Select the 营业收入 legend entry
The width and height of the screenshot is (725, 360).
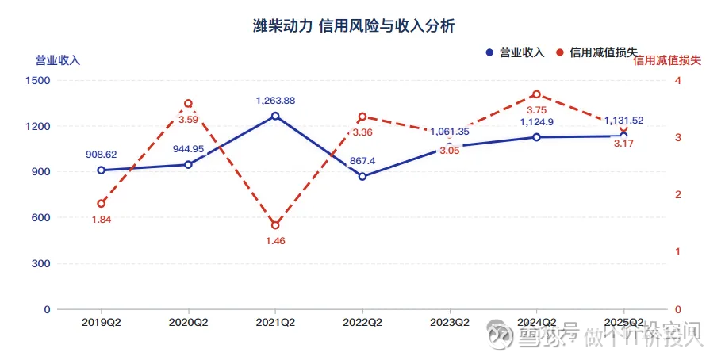(515, 52)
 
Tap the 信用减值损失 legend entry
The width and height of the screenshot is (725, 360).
(596, 52)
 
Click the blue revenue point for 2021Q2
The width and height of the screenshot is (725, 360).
(275, 116)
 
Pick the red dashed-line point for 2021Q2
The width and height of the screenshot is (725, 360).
(275, 225)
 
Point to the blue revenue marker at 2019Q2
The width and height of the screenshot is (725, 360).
(101, 170)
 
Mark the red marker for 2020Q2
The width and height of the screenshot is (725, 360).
(188, 103)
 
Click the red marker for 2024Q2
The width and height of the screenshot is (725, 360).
(537, 94)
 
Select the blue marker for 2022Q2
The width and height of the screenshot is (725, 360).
(362, 176)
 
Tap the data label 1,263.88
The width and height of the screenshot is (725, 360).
(275, 100)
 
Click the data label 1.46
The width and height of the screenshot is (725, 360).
(275, 241)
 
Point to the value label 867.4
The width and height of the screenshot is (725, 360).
(362, 160)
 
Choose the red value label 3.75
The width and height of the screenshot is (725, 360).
(537, 109)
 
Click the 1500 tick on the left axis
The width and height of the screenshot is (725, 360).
(37, 80)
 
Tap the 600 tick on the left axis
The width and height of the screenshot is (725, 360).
(40, 217)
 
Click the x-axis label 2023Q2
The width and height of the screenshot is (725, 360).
(450, 323)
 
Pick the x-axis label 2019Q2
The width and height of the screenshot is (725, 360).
(101, 323)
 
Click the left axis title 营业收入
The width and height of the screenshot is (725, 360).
(57, 59)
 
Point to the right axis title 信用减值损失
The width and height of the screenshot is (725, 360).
(667, 59)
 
